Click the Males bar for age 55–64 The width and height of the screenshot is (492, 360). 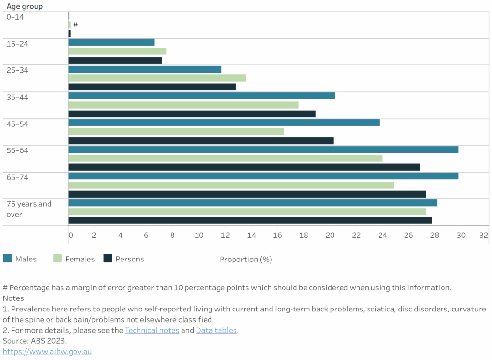coord(263,149)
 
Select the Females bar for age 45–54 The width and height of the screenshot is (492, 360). coord(176,131)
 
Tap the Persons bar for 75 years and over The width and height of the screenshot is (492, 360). coord(250,221)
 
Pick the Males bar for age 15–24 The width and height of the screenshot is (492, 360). coord(111,42)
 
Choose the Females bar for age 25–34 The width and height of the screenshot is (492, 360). coord(157,78)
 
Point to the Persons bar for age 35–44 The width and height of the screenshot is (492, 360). coord(192,114)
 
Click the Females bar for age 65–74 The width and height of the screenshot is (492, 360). coord(231,185)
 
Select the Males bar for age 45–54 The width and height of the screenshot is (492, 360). coord(224,123)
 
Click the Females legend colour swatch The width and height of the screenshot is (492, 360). coord(58,259)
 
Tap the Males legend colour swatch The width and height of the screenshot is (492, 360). coord(7,259)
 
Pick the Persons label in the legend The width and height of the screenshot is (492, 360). coord(130,259)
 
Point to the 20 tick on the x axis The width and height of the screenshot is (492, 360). coord(330,236)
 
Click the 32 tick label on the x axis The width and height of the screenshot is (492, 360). coord(483,236)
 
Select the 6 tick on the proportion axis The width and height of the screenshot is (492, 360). coord(146,236)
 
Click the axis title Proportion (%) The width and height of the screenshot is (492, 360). coord(246,260)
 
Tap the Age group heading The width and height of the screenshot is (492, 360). coord(25,6)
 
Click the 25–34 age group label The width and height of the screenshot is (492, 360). coord(17,70)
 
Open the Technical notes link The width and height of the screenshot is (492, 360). coord(152,330)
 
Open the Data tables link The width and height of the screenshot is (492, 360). coord(216,330)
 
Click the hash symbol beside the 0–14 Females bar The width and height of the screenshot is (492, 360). coord(75,25)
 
